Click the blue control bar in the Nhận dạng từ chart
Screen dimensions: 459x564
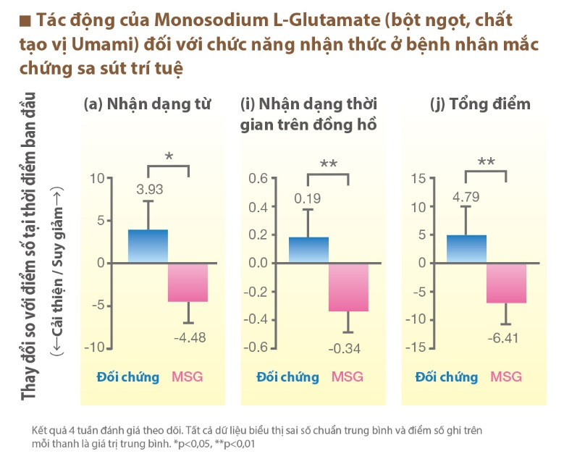tap(148, 246)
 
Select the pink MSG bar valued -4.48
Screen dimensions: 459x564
tap(188, 282)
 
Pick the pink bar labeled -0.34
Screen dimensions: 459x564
tap(348, 287)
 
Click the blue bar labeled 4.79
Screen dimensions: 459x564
tap(466, 249)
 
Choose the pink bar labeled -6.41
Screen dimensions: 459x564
tap(506, 282)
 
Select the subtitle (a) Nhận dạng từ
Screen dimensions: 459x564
tap(148, 103)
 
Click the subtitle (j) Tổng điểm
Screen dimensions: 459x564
tap(480, 104)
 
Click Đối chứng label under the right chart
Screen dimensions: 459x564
tap(446, 376)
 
